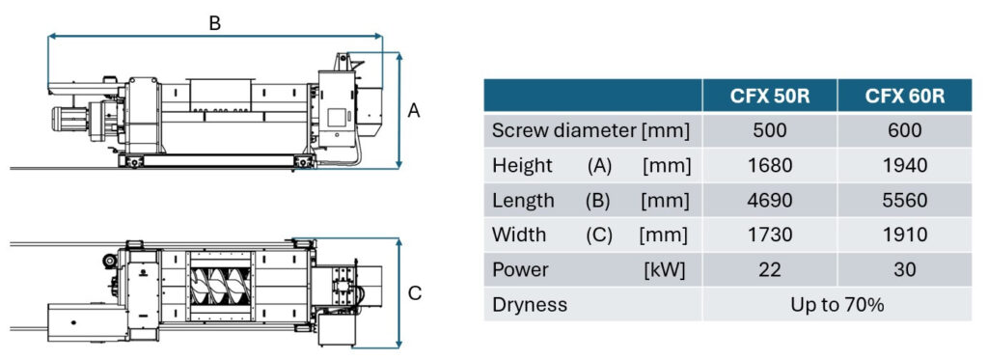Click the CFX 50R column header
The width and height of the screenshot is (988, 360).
pos(769,96)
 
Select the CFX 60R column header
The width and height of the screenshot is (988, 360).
pos(905,96)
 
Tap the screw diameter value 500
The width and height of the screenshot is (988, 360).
pos(770,130)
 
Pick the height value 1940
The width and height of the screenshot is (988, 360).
pos(905,165)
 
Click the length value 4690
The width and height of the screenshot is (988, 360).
pos(770,201)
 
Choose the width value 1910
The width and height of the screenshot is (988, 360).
pos(905,235)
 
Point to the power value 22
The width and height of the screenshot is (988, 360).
pos(770,270)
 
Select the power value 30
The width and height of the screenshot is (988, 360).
pos(905,270)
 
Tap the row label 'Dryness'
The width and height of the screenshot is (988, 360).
pos(530,305)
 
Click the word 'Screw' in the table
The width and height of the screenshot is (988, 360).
pos(520,130)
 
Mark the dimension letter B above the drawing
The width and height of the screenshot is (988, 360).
pos(215,23)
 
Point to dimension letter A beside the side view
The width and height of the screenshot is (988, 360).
pos(413,111)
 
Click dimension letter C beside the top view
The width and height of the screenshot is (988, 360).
pos(415,293)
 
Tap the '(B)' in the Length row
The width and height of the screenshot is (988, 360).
pos(598,201)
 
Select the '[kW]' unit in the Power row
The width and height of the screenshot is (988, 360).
pos(664,270)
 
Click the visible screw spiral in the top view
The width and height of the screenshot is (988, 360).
pos(221,287)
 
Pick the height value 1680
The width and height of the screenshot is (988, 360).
pos(770,165)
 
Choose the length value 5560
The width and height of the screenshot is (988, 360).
pos(905,201)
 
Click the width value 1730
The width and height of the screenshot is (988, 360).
pos(770,235)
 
